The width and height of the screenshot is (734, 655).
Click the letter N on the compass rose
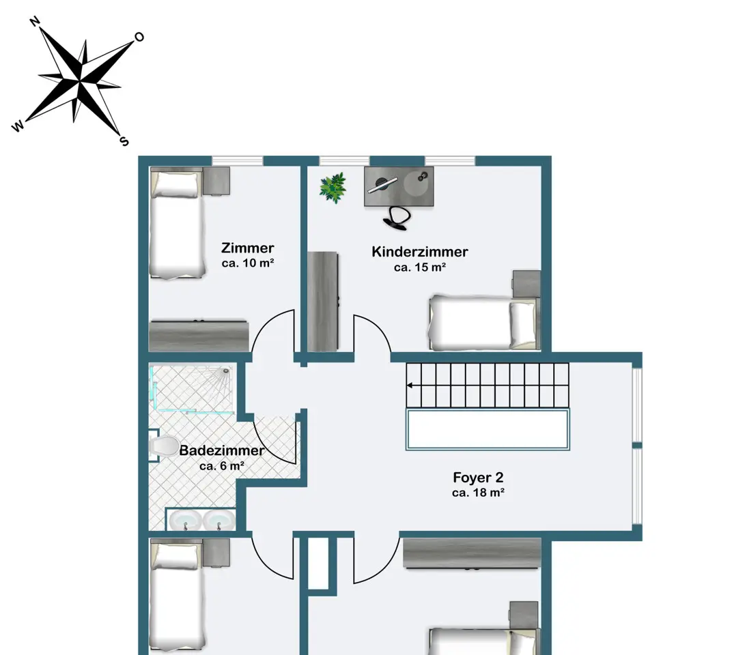point(35,22)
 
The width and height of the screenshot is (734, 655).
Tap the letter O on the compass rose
point(139,37)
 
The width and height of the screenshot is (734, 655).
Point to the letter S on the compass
point(124,141)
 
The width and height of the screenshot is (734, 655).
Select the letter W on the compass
point(17,126)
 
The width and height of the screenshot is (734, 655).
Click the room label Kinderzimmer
point(419,252)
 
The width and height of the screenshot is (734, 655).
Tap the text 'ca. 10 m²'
point(248,263)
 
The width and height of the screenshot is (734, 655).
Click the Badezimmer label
point(222,450)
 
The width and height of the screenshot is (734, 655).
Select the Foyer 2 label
point(478,477)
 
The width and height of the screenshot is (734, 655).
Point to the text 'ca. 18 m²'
point(478,493)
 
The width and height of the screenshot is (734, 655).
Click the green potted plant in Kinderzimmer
point(333,188)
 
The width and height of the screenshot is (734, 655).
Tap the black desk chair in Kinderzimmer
point(397,218)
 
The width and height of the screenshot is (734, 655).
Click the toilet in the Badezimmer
point(163,446)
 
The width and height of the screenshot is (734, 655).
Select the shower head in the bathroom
point(227,371)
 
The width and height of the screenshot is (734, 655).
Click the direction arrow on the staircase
point(410,385)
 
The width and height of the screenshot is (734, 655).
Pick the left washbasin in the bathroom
point(185,520)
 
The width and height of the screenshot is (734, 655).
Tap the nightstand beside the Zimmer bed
point(216,181)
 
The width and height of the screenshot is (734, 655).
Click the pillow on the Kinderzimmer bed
point(522,323)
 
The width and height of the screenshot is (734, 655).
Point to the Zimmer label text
point(248,248)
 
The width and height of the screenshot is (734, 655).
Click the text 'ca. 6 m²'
point(222,466)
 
